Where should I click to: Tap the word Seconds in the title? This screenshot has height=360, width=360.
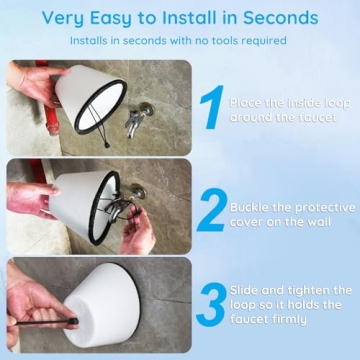coord(283,18)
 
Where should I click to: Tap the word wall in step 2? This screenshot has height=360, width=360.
coord(321,221)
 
